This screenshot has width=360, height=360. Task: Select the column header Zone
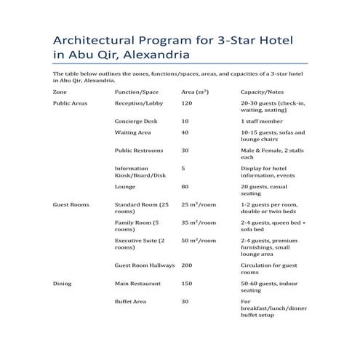click(60, 93)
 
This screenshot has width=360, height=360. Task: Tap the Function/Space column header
click(137, 93)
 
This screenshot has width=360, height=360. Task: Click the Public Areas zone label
click(71, 104)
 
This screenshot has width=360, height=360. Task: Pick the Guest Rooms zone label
click(71, 205)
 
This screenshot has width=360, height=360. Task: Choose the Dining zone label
click(63, 283)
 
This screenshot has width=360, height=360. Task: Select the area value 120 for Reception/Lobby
click(188, 104)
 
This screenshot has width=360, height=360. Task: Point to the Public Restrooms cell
click(139, 151)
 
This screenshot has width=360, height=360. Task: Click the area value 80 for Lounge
click(185, 186)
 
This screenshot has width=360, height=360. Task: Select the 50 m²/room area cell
click(199, 240)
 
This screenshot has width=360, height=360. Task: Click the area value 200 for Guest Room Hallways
click(187, 265)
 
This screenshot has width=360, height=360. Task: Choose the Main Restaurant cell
click(137, 283)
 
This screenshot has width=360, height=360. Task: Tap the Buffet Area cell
click(132, 301)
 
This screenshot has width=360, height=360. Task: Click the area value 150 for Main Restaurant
click(187, 283)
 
